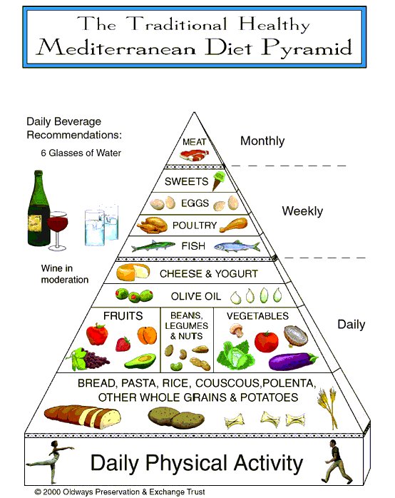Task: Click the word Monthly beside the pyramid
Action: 262,141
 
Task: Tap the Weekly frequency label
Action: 302,211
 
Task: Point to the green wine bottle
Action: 39,208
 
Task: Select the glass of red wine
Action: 58,230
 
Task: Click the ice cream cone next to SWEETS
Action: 219,181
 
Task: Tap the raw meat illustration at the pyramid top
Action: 194,156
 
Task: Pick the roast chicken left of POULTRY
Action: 153,225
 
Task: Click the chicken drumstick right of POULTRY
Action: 234,225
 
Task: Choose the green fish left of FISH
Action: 153,245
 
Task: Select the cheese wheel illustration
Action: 133,272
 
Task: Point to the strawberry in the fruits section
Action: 123,344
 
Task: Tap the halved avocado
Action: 140,361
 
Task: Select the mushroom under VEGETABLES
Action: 237,330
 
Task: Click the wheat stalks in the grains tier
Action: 328,407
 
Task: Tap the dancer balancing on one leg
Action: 51,461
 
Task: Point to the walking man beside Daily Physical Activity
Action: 335,461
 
